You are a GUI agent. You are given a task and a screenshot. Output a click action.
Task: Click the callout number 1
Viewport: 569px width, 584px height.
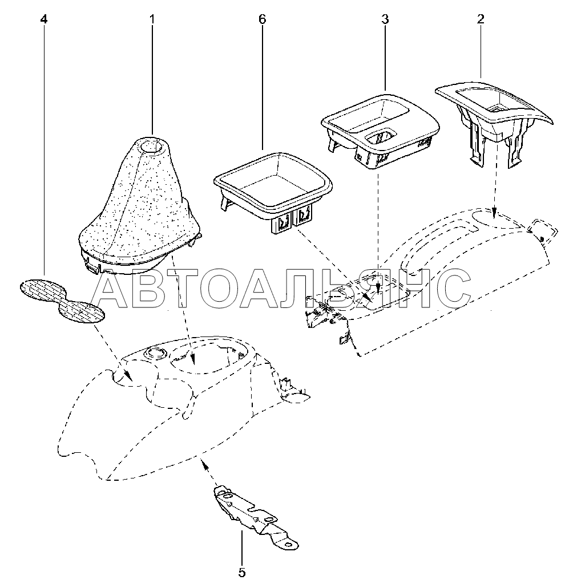point(152,19)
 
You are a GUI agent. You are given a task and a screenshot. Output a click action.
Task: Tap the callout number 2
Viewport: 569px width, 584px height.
point(481,19)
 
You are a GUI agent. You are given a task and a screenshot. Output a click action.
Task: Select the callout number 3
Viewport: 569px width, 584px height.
point(385,19)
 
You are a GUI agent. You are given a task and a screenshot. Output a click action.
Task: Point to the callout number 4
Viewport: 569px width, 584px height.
point(44,19)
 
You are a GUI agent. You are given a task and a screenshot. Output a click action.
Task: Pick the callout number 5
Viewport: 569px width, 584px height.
point(241,572)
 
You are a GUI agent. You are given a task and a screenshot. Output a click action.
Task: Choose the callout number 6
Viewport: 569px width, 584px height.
point(262,19)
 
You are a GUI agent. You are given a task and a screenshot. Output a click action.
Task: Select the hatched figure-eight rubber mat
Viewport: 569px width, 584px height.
point(63,300)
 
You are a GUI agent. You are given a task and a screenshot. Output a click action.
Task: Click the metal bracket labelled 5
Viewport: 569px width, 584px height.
point(251,516)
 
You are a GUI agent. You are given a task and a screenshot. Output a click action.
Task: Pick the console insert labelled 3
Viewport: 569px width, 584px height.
point(380,128)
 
